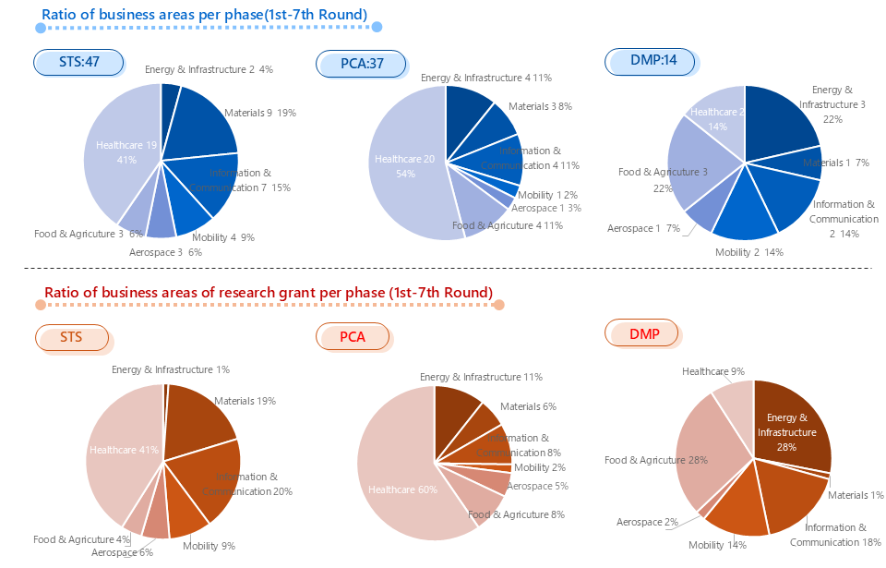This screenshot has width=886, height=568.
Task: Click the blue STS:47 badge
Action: tap(78, 62)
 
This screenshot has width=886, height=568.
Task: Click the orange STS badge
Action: tap(72, 337)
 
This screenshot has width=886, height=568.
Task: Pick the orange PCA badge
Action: tap(353, 337)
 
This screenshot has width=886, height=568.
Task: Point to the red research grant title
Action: tap(268, 293)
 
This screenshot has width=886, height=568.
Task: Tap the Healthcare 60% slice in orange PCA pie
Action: tap(397, 480)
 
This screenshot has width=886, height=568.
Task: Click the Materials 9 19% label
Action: tap(259, 114)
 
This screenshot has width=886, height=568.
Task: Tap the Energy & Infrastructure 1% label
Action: tap(171, 369)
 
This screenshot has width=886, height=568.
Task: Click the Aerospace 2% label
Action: tap(647, 522)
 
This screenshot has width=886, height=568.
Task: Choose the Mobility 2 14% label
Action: tap(748, 252)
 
